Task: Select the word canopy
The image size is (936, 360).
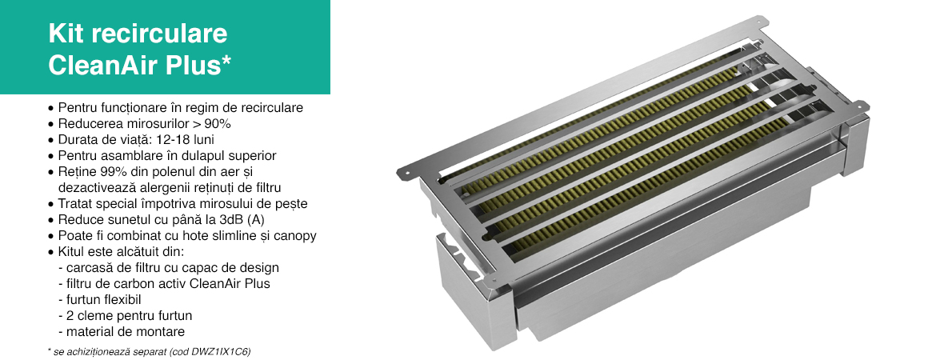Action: click(x=295, y=237)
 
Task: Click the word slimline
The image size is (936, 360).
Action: click(x=227, y=236)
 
